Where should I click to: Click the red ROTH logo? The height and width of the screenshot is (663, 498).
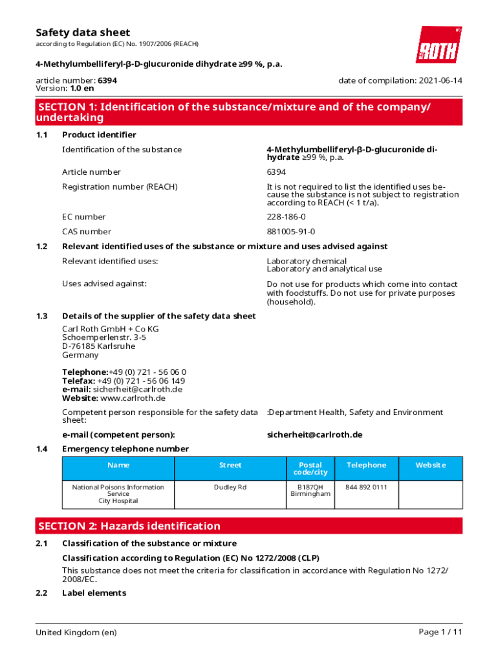[x=438, y=45]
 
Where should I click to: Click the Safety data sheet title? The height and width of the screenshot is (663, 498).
[x=83, y=32]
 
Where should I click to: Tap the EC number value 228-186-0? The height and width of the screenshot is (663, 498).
[x=287, y=217]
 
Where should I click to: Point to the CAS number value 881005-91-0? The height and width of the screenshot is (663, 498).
[x=291, y=232]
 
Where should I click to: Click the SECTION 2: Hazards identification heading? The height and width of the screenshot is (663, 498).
[x=129, y=526]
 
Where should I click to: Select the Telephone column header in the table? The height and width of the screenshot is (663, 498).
[x=366, y=465]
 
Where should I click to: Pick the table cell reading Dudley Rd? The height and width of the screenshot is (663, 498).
[x=230, y=487]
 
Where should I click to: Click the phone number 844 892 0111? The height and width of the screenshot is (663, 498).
[x=366, y=487]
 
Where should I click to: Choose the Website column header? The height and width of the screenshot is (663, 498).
[x=430, y=465]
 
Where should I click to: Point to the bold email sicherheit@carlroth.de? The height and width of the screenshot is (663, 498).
[x=314, y=434]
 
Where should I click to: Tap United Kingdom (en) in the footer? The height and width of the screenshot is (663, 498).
[x=76, y=632]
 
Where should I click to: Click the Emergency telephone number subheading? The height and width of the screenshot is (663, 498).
[x=125, y=449]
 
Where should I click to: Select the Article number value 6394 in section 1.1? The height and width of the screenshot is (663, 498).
[x=276, y=172]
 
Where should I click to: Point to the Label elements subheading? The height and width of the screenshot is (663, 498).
[x=94, y=593]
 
